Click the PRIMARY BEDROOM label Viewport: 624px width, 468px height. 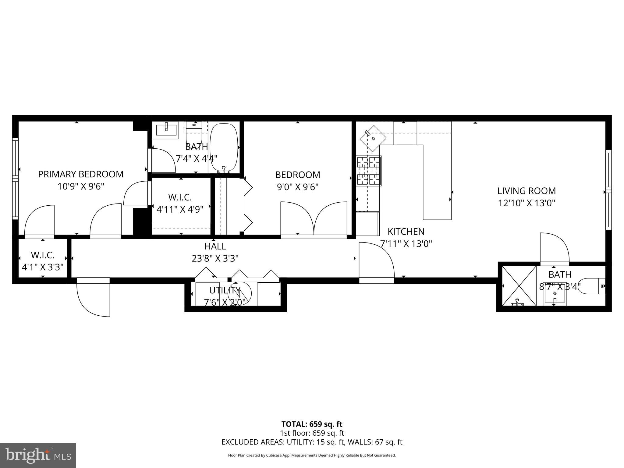pos(81,174)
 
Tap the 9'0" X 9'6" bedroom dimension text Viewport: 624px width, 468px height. pos(297,187)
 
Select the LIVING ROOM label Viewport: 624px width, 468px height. pos(526,191)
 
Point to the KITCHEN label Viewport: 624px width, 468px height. pos(406,232)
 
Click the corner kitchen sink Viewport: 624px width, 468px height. pos(373,138)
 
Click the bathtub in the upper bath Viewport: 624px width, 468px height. pos(224,147)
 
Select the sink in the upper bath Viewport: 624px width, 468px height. pos(166,130)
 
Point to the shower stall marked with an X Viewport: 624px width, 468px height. pos(519,285)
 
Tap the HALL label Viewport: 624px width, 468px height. pos(215,246)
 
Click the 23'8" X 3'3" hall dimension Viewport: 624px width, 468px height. pos(215,259)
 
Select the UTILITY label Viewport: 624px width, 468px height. pos(225,290)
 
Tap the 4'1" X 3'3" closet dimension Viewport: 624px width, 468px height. pos(43,267)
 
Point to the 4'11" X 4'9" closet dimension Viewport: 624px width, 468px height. pos(180,209)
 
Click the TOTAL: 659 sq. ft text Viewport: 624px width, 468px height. pos(312,424)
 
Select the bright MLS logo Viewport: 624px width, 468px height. pos(38,455)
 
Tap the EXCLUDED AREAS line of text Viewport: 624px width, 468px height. pos(312,442)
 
